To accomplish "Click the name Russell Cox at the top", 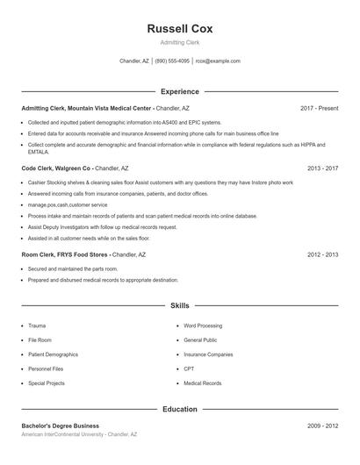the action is coord(179,28).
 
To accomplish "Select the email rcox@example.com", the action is coord(218,61).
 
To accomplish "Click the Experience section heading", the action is coord(179,91).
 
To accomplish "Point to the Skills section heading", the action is coord(179,305).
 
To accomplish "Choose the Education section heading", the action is coord(179,409).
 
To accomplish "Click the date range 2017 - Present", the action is coord(319,108).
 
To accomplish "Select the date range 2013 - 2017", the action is coord(322,168).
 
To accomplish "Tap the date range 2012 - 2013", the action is coord(322,254).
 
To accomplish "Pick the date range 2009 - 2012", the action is coord(322,426).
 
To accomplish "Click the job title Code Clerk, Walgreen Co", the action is coord(56,168).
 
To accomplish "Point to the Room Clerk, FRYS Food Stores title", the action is coord(66,254).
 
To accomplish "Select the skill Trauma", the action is coord(37,325).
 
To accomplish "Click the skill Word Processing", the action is coord(203,325).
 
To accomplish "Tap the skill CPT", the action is coord(189,369).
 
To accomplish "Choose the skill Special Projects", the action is coord(46,383).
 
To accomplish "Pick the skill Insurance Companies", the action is coord(208,354).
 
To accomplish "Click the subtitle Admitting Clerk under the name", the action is coord(179,42).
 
